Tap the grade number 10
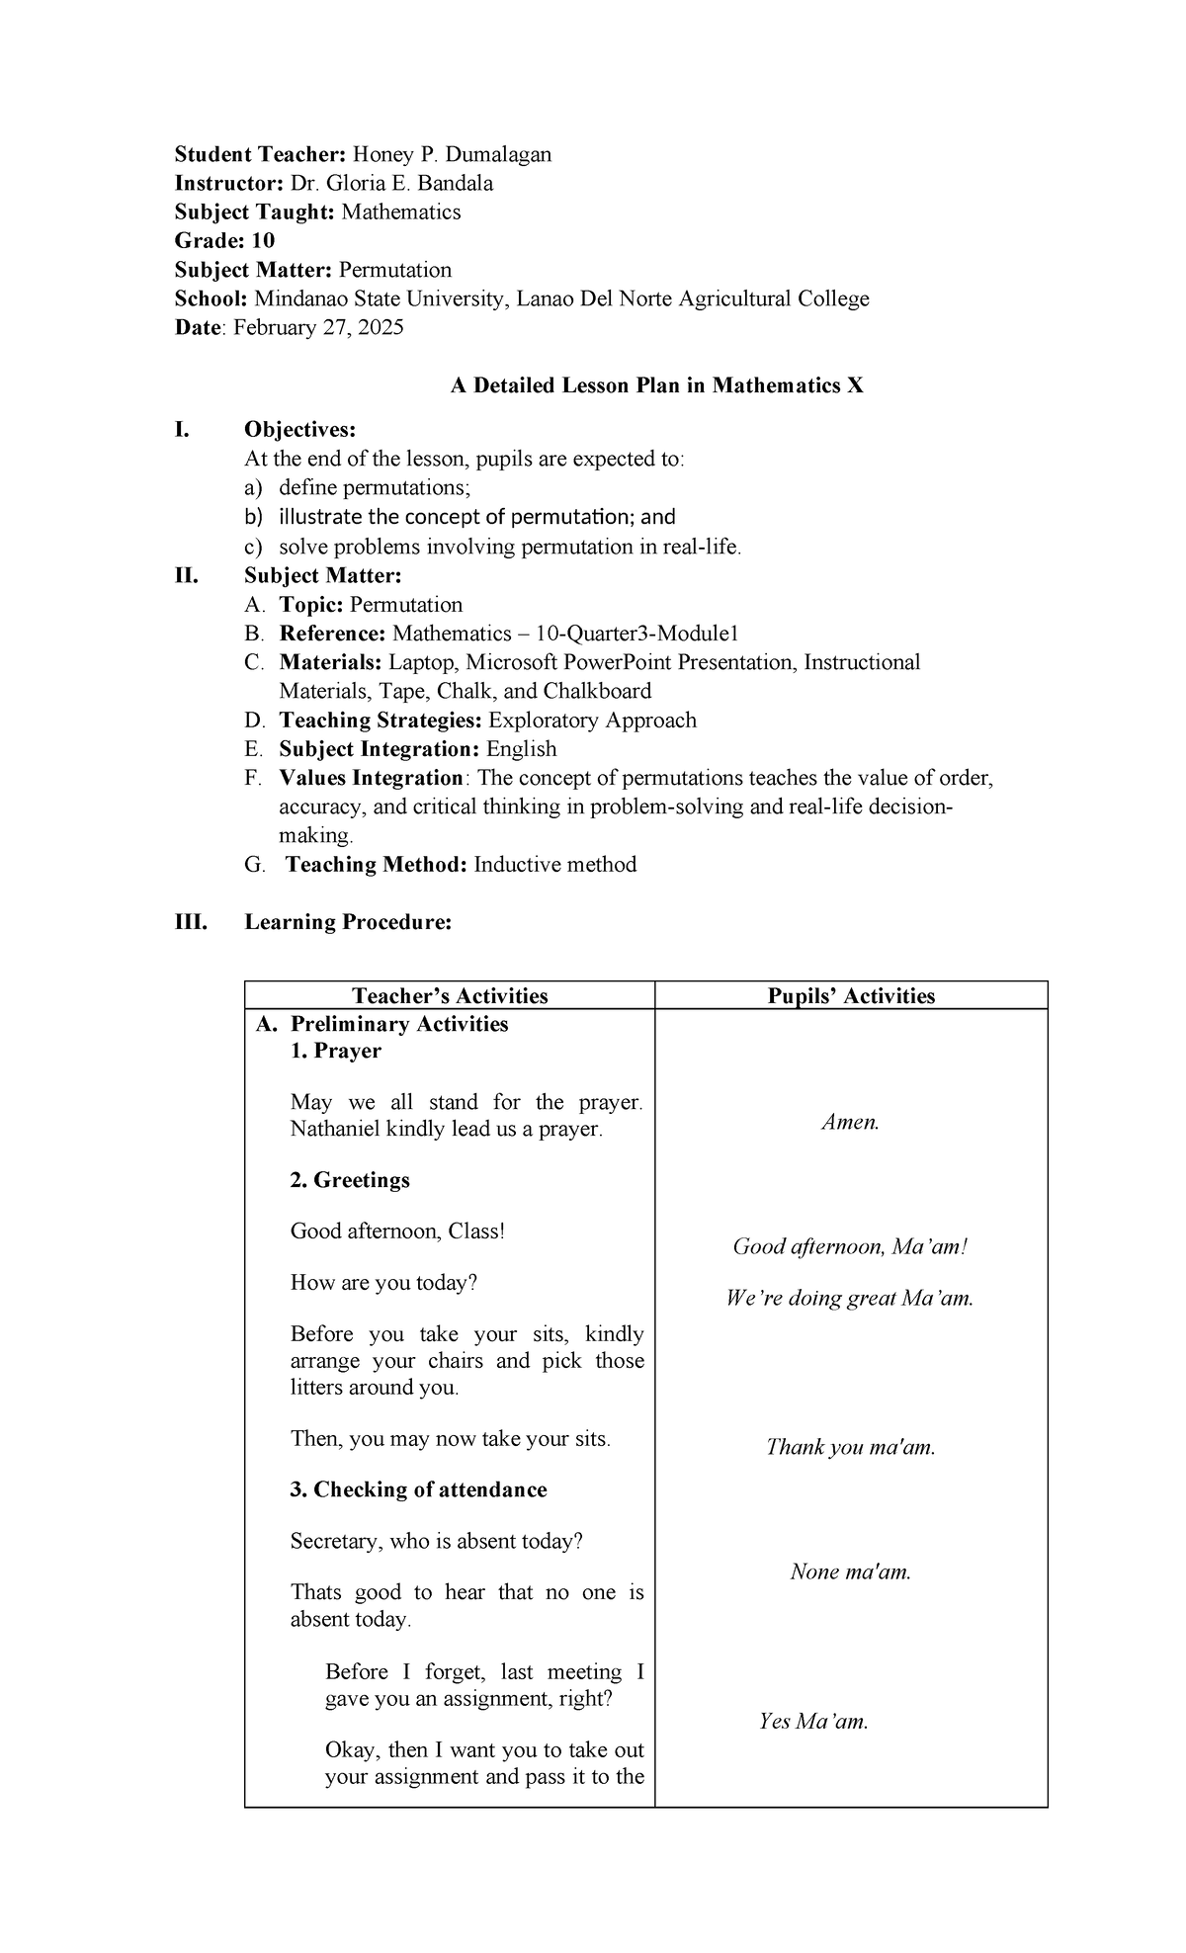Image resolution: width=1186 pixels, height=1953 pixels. coord(263,241)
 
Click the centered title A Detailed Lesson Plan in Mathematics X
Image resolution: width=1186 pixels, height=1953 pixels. coord(656,385)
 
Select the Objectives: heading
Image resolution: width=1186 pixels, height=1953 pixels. coord(299,430)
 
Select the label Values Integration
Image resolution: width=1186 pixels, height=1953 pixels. coord(371,778)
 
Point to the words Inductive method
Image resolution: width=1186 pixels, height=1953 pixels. coord(554,865)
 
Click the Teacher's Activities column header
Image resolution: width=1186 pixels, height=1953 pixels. coord(450,995)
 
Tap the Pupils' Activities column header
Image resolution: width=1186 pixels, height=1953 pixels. coord(850,995)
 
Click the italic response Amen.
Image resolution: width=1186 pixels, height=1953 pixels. coord(850,1122)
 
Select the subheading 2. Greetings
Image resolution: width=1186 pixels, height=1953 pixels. coord(350,1180)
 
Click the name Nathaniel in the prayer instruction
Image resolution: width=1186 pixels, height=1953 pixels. coord(335,1129)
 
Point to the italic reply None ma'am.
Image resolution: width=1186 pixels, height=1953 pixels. coord(850,1571)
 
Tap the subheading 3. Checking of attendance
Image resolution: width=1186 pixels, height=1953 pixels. coord(418,1489)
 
